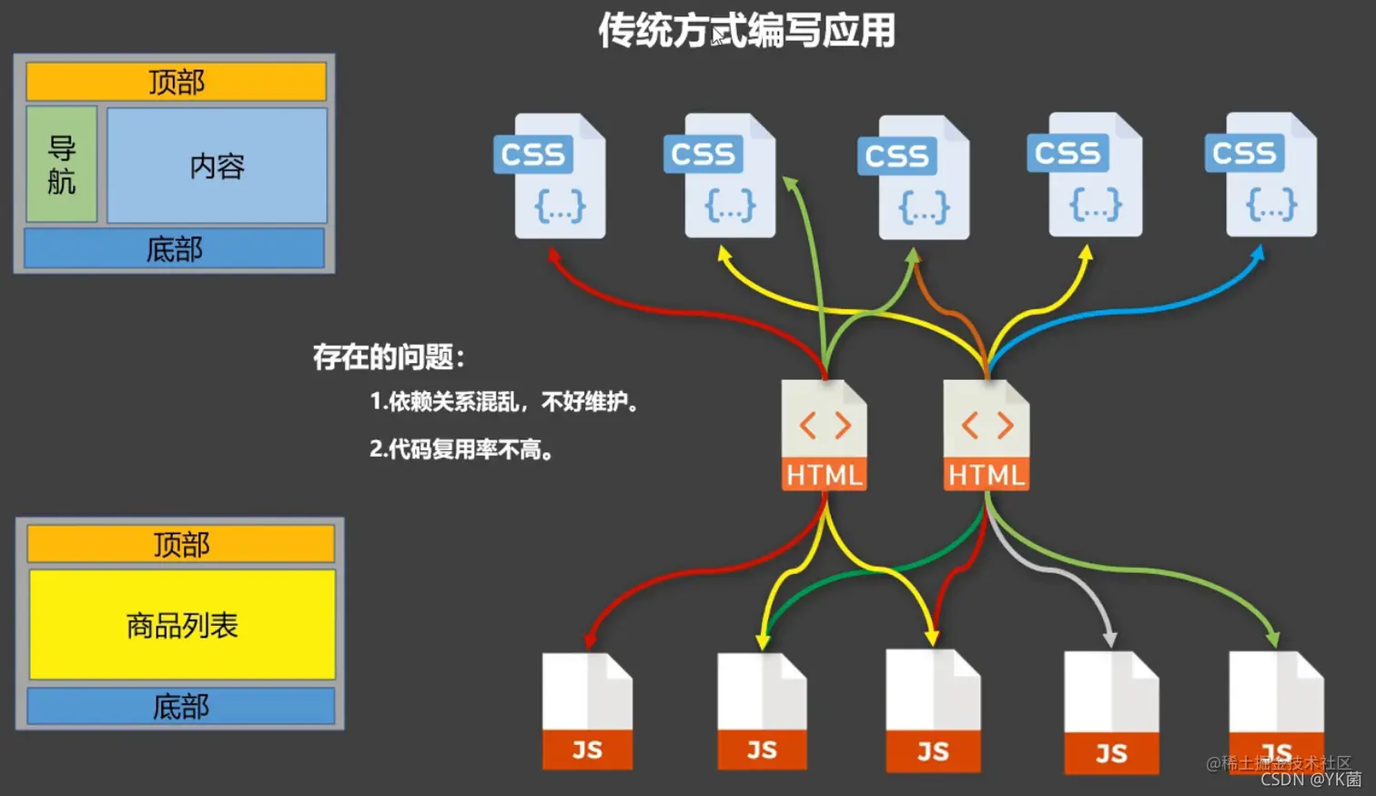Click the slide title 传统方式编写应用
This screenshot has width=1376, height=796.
746,31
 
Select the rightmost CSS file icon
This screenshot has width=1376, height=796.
1263,175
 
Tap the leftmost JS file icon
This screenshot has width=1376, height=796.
587,711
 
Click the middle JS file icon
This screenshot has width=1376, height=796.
933,711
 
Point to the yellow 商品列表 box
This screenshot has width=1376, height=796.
182,625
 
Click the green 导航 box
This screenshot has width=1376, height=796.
62,165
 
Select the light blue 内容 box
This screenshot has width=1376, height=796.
217,166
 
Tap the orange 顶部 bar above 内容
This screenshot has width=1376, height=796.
176,82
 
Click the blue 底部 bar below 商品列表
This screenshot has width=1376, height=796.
181,706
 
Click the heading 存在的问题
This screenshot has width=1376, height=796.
389,357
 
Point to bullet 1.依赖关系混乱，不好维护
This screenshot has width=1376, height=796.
504,401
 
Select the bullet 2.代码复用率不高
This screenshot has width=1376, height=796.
461,449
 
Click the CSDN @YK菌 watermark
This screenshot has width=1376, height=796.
1310,780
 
